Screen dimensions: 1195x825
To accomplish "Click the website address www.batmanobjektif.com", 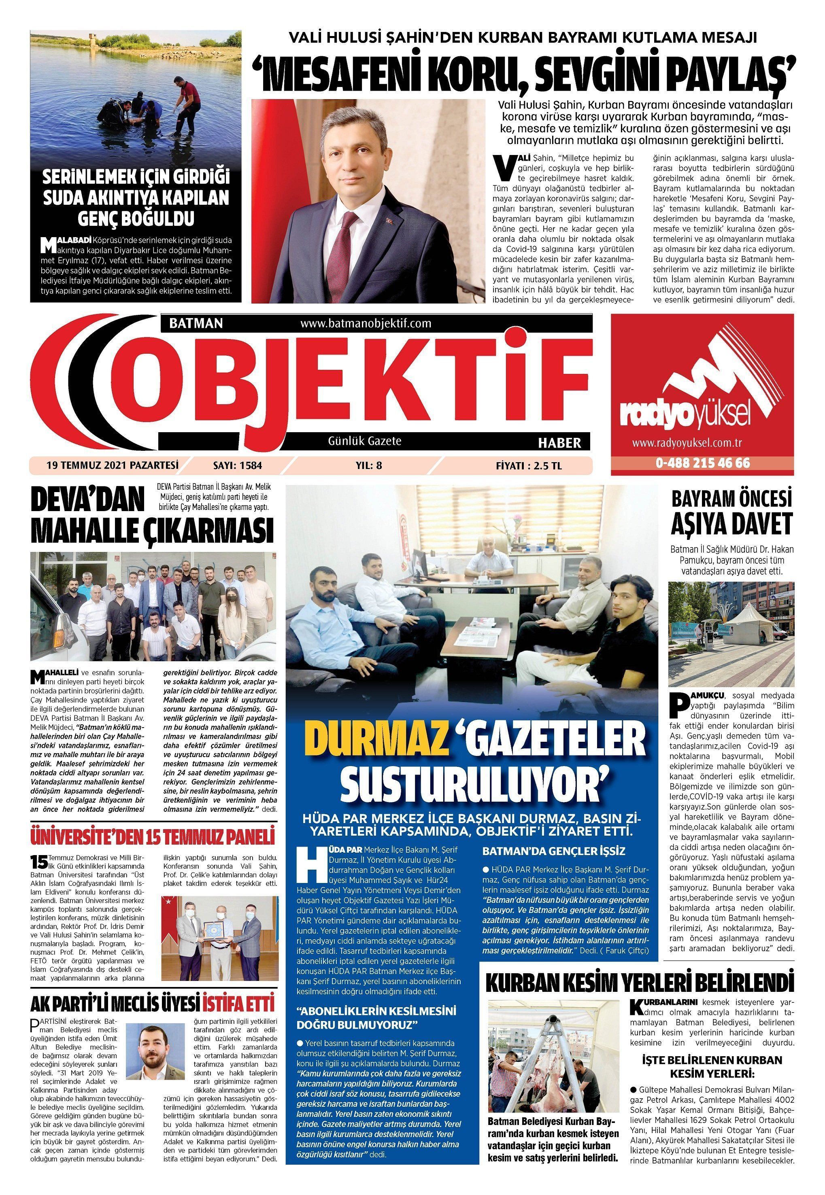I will pyautogui.click(x=366, y=323).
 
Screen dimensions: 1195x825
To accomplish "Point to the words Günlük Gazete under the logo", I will pyautogui.click(x=365, y=441).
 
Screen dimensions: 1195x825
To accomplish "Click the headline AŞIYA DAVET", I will pyautogui.click(x=731, y=525).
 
